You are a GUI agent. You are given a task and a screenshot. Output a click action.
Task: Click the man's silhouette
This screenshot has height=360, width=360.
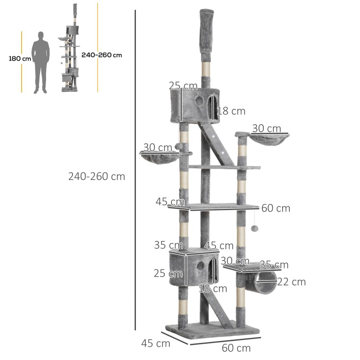point(41,62)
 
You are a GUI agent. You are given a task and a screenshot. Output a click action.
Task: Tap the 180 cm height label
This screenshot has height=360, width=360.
point(20,58)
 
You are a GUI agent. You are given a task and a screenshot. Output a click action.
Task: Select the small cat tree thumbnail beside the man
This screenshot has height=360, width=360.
point(69,49)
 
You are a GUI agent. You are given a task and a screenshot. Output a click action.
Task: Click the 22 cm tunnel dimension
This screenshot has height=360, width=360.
point(292,282)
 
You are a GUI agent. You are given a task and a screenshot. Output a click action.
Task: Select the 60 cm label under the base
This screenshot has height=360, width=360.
point(236,348)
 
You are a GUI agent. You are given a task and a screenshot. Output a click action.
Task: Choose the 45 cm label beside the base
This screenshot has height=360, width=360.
point(156,343)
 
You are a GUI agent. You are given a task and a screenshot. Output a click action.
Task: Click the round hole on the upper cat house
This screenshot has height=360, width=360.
point(199,101)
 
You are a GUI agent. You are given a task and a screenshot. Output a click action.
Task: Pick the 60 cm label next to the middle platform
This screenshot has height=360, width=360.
point(275,208)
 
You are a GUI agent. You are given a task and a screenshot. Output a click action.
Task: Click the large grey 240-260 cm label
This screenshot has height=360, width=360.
point(97,176)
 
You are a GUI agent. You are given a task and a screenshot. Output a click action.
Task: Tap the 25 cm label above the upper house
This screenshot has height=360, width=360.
point(183,85)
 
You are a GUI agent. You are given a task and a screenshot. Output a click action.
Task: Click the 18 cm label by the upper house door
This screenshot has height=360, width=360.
point(231,111)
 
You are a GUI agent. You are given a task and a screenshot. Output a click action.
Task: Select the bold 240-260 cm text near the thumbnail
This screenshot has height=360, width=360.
point(102,55)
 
